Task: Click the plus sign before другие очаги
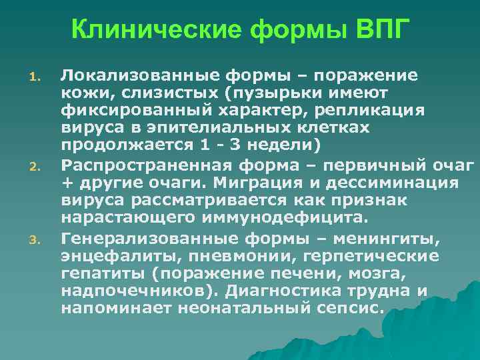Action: (x=66, y=182)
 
